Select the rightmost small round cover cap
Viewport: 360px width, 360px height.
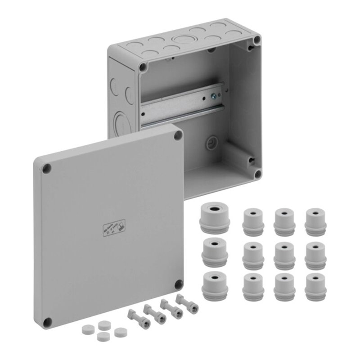pos(119,332)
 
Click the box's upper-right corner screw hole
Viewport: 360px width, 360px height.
pos(256,40)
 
